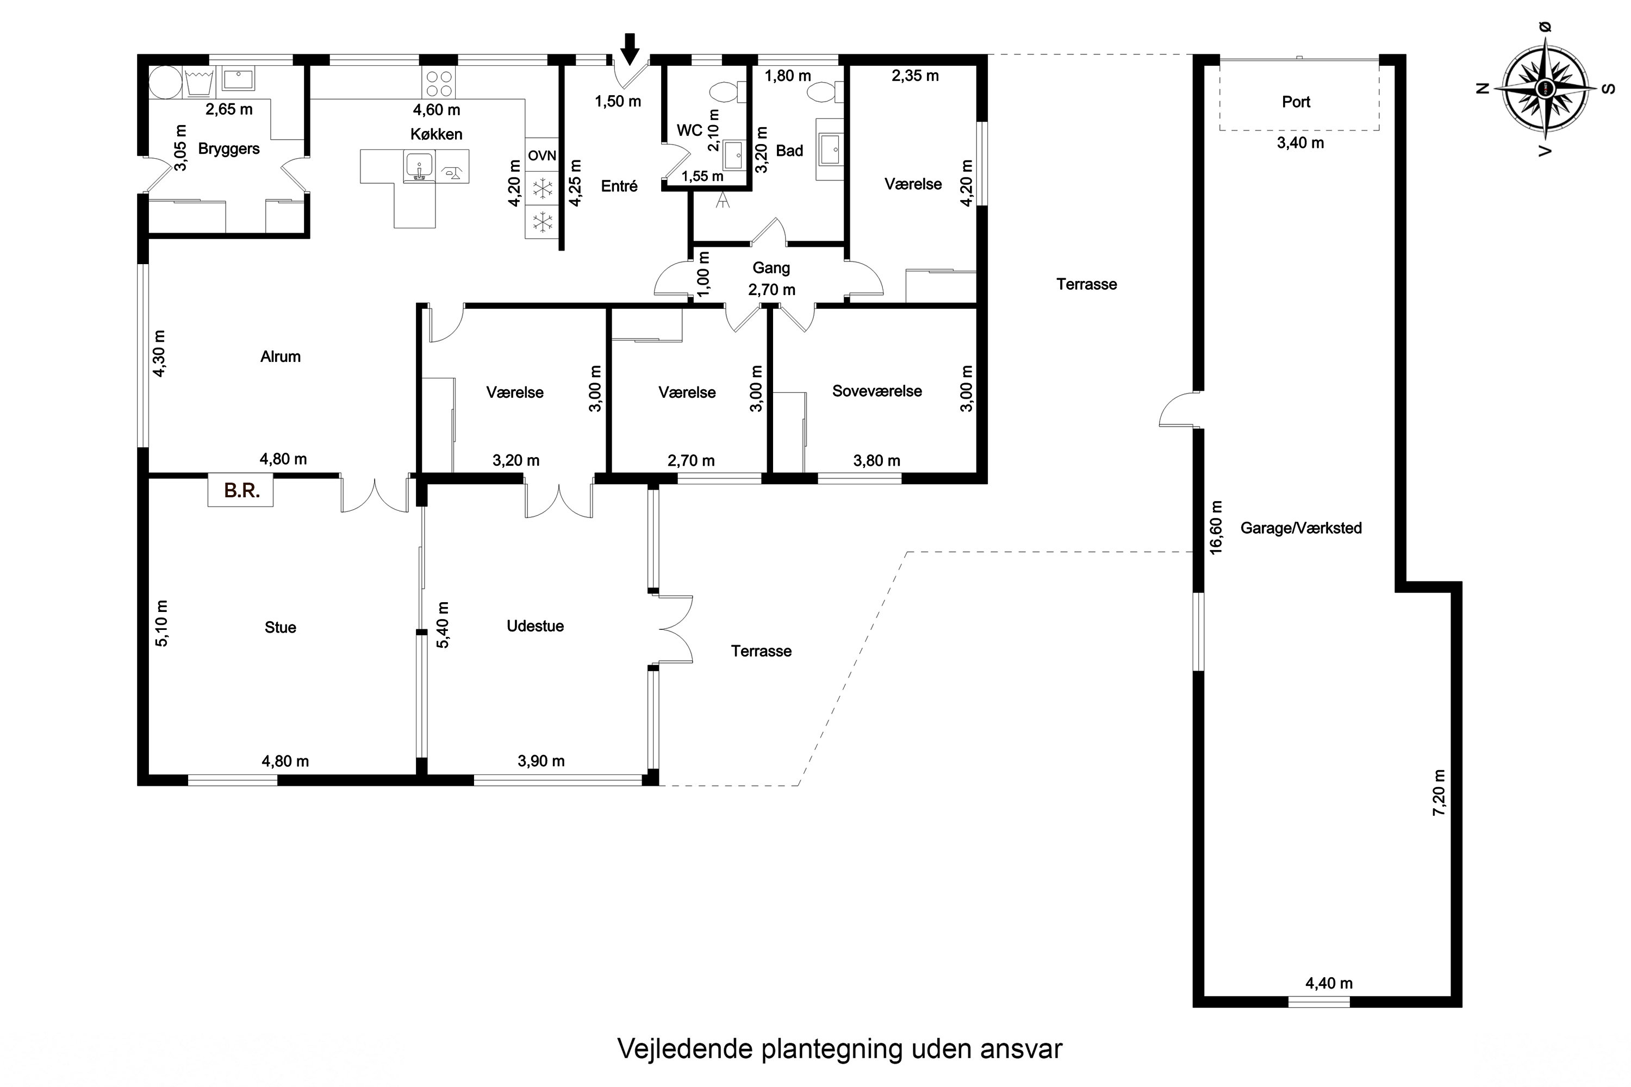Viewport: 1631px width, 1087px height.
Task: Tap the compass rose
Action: point(1546,88)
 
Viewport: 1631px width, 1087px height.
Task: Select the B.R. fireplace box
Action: point(241,491)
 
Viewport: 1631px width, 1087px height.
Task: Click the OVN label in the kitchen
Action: point(541,155)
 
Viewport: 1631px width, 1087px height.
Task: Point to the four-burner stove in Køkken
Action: point(439,84)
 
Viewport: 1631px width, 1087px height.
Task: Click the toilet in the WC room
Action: point(727,91)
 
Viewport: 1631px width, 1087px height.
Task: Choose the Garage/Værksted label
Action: point(1301,528)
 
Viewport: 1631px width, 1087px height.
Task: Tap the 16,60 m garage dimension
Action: point(1216,528)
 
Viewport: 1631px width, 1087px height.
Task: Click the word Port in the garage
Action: point(1296,102)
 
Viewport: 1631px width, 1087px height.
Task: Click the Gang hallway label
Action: point(771,267)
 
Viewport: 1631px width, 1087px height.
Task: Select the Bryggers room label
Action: point(229,149)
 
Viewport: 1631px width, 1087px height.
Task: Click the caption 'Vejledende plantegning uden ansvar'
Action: point(840,1049)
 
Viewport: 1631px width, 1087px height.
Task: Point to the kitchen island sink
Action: point(419,167)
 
